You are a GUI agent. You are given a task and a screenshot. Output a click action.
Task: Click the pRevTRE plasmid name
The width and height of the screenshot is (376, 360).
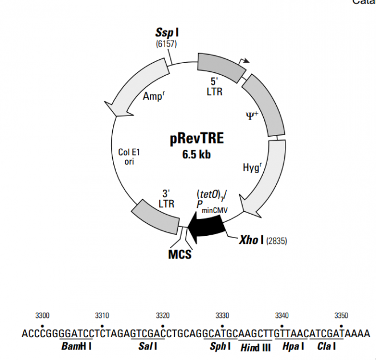(197, 139)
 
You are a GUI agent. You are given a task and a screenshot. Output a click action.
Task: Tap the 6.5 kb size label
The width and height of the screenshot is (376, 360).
(197, 154)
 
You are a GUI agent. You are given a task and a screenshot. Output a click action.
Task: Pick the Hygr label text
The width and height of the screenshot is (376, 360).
(253, 167)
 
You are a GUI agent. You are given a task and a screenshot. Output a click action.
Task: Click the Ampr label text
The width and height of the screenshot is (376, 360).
(153, 97)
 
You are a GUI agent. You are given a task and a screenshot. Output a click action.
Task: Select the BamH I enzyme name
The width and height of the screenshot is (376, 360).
(79, 346)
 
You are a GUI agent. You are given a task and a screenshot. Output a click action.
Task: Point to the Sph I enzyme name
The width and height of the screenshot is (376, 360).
(217, 346)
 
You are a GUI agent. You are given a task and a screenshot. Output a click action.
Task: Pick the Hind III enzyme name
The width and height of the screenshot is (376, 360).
(255, 346)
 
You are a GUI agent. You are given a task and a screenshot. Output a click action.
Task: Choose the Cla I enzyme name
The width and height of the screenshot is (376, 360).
(327, 346)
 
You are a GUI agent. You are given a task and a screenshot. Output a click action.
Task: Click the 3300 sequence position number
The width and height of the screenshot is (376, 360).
(42, 315)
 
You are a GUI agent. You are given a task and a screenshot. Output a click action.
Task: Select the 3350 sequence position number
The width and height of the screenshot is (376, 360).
(341, 315)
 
